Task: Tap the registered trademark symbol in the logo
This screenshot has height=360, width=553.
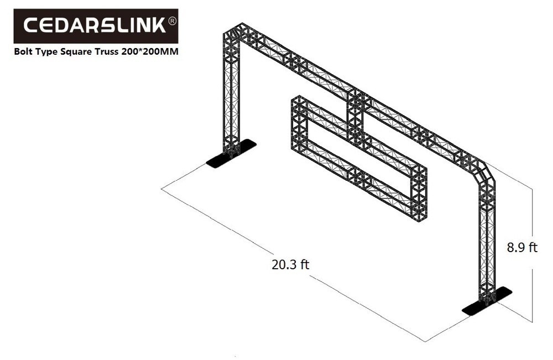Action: click(171, 21)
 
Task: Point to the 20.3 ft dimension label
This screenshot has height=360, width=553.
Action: click(290, 264)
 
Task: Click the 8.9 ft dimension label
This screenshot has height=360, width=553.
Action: click(522, 247)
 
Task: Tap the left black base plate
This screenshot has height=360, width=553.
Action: click(232, 153)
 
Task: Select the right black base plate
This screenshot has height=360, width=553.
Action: click(487, 301)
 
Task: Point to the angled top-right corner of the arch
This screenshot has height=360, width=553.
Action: click(482, 169)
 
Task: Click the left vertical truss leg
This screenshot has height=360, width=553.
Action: click(231, 94)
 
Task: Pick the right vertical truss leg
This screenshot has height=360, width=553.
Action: click(487, 238)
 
